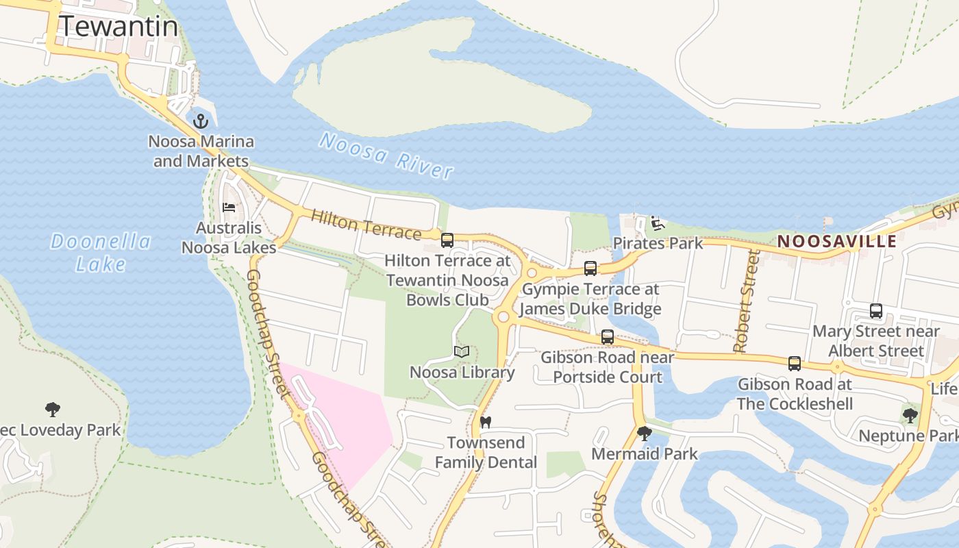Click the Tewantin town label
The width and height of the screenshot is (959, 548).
coord(119,27)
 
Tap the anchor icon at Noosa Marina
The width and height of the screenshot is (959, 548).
coord(200,122)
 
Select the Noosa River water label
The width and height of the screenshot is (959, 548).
coord(386,156)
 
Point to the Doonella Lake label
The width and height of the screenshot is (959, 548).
coord(101,252)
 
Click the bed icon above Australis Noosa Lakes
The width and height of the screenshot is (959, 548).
coord(229,207)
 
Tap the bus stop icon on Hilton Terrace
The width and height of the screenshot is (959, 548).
coord(447,240)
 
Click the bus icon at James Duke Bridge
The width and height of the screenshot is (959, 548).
coord(590,269)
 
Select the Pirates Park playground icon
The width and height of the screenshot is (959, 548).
coord(658,223)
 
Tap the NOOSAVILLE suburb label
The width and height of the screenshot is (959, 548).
coord(837,241)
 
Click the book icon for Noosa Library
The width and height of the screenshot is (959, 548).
coord(462,352)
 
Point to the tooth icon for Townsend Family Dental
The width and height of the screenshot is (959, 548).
coord(486,422)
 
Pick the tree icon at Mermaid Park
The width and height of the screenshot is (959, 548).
coord(644,433)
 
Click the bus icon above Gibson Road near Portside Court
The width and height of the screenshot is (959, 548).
coord(607,336)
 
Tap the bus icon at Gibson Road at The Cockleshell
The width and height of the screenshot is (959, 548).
coord(795,364)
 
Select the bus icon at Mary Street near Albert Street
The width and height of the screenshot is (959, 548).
coord(876,311)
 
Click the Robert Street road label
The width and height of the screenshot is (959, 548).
coord(747,301)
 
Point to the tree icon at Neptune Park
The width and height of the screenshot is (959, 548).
coord(910,415)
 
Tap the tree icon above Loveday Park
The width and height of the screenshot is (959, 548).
coord(53,410)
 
